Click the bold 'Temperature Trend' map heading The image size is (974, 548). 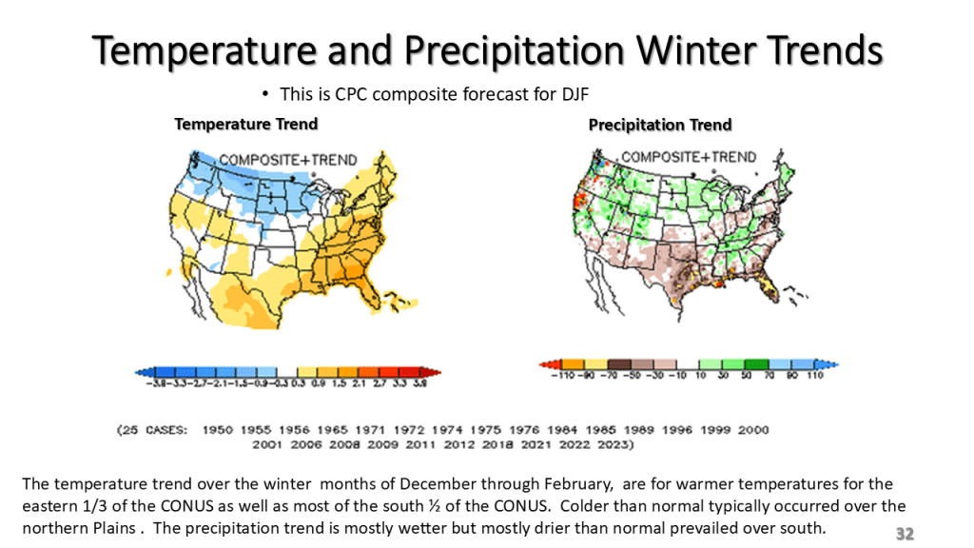pyautogui.click(x=245, y=124)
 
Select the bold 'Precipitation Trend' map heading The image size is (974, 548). pyautogui.click(x=660, y=125)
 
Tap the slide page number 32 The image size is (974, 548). pyautogui.click(x=905, y=534)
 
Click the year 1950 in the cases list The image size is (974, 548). pyautogui.click(x=218, y=430)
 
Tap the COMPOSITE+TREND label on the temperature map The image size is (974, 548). pyautogui.click(x=275, y=159)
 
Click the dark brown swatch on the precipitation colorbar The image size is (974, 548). pyautogui.click(x=619, y=364)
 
